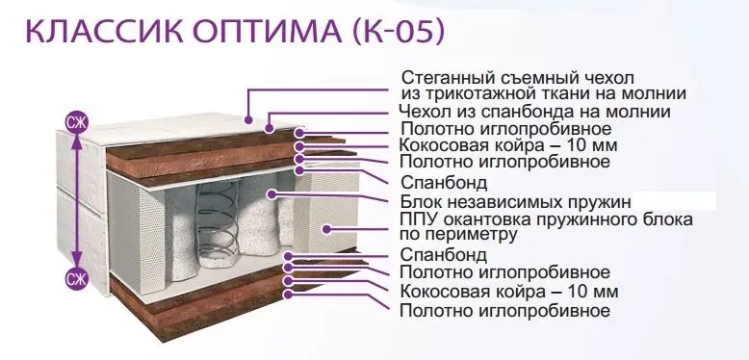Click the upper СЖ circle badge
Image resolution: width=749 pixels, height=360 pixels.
76,123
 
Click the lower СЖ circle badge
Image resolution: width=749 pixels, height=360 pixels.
76,278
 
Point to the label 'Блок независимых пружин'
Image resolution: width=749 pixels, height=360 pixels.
516,202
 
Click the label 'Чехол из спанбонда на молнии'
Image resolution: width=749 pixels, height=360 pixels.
534,112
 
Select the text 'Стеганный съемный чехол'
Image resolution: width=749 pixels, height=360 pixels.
518,77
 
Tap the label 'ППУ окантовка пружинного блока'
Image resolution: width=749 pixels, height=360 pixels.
547,220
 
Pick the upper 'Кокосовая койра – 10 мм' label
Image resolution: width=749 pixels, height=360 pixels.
508,144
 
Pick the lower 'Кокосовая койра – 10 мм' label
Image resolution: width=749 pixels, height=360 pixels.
508,291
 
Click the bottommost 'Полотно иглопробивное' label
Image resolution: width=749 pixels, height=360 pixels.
504,311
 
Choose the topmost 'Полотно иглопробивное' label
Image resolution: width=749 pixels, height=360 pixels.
505,129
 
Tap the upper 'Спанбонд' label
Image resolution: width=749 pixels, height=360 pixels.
444,183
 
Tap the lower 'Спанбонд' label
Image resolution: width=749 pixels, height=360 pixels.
444,254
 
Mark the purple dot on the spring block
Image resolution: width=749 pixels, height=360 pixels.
271,194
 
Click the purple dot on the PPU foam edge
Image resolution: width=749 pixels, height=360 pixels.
326,229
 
